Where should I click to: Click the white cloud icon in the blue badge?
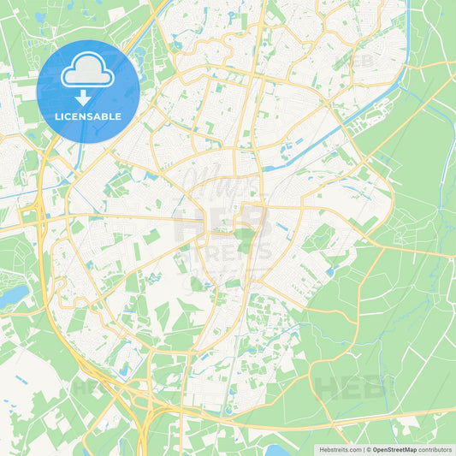[x=88, y=73]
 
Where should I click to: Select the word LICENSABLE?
[x=88, y=117]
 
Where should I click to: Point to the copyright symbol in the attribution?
[x=369, y=449]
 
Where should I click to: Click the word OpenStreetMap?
[x=394, y=449]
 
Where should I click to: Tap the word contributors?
[x=435, y=449]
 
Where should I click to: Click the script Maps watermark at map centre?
[x=214, y=184]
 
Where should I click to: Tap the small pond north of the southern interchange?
[x=126, y=370]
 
